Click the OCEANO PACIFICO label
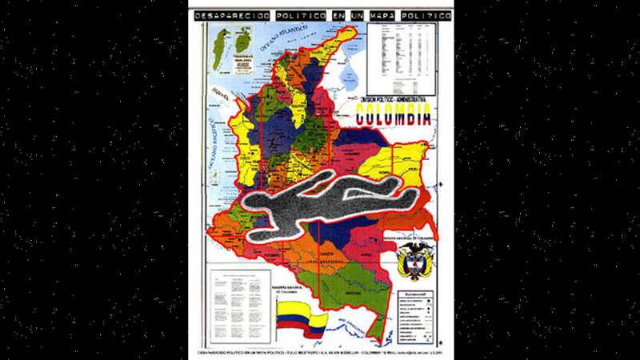coord(217,160)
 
